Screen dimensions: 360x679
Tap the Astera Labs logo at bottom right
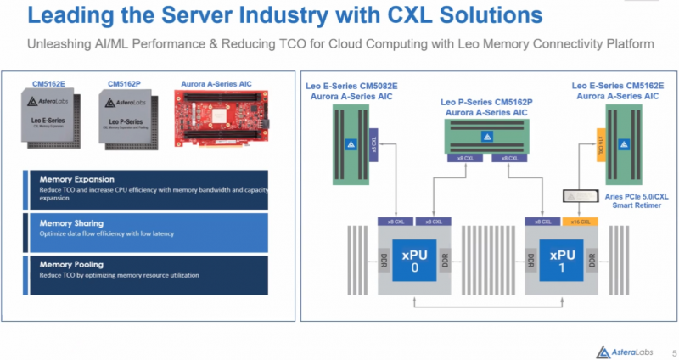click(x=625, y=349)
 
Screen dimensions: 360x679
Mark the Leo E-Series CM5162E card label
click(x=614, y=92)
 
